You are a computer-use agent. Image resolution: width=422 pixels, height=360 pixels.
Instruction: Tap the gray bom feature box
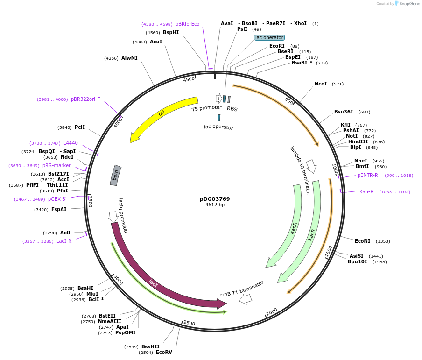tap(115, 175)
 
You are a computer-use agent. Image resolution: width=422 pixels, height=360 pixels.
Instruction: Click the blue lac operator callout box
tap(269, 37)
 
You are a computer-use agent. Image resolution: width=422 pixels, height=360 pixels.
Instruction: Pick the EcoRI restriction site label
tap(277, 46)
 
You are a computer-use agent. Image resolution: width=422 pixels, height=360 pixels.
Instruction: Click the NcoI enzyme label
tap(321, 84)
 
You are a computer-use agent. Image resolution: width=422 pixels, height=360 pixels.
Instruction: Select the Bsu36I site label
tap(344, 112)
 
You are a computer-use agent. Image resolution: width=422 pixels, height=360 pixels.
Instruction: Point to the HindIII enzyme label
tap(358, 142)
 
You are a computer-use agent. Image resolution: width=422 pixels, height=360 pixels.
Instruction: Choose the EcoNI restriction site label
tap(362, 241)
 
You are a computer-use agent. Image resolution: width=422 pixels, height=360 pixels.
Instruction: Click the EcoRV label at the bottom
tap(164, 352)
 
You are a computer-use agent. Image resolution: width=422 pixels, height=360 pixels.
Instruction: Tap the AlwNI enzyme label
tap(129, 58)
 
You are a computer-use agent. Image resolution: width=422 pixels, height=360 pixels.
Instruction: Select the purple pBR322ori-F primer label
tap(85, 99)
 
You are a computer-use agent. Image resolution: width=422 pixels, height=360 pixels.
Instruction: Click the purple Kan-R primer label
tap(366, 191)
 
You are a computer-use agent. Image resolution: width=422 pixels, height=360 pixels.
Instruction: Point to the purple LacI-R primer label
tap(64, 241)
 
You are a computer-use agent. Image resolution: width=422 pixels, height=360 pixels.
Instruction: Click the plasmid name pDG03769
tap(215, 199)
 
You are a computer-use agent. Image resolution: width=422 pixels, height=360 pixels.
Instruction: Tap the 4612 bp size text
tap(215, 205)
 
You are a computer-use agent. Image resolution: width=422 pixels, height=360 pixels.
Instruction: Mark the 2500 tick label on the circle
tap(189, 323)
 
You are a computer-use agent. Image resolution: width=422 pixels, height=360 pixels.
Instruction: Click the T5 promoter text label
tap(206, 108)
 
